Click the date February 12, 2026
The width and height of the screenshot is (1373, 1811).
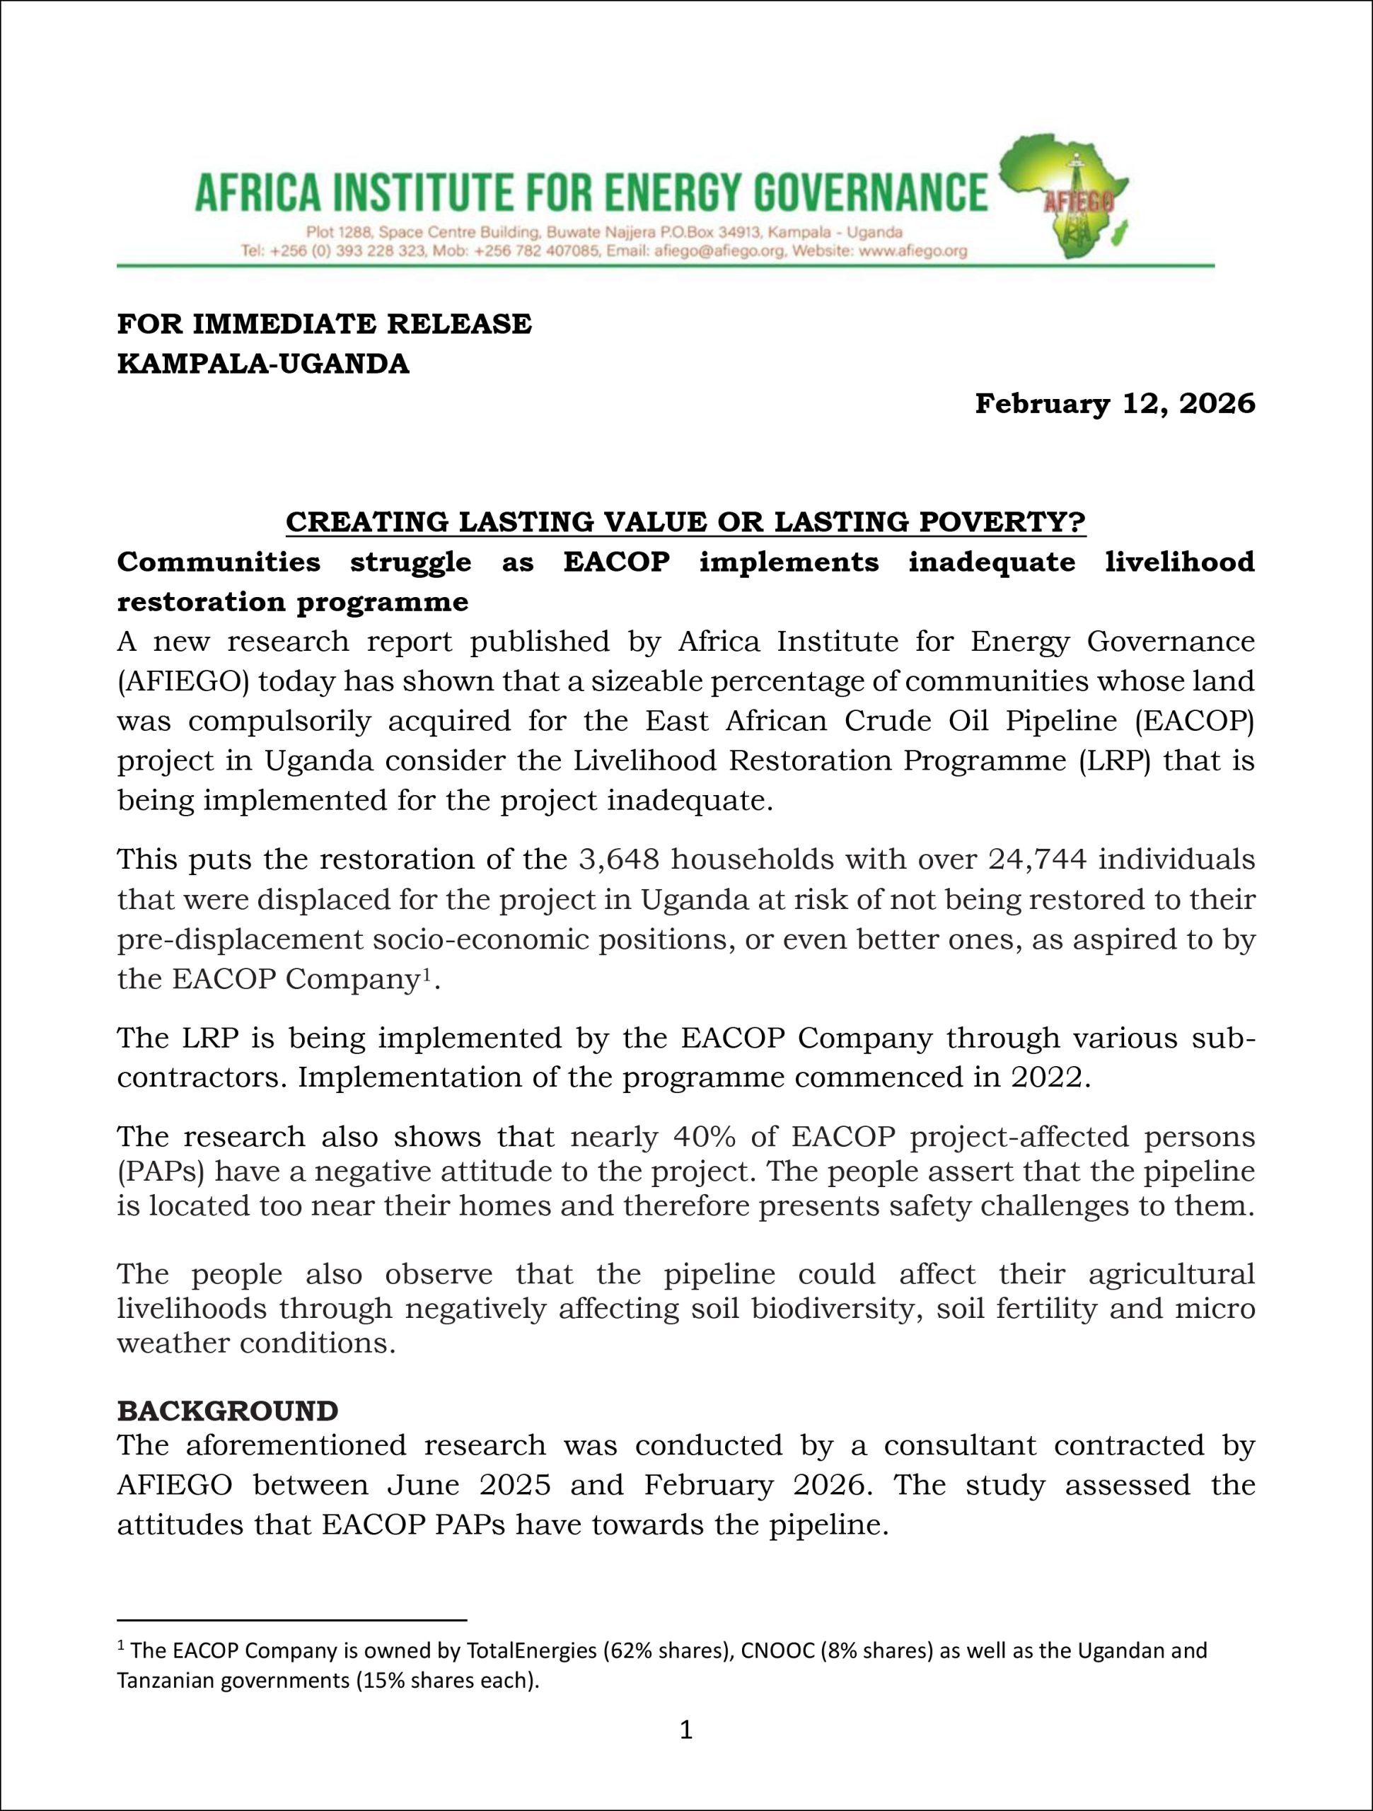coord(1114,404)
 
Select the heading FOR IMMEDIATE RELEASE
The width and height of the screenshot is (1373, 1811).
coord(324,324)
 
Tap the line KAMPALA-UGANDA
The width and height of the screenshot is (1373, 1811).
coord(263,364)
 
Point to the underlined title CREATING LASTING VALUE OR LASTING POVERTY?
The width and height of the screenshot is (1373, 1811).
coord(685,521)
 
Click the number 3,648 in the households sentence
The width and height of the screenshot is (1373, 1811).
coord(618,860)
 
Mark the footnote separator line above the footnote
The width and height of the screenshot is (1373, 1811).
coord(291,1619)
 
